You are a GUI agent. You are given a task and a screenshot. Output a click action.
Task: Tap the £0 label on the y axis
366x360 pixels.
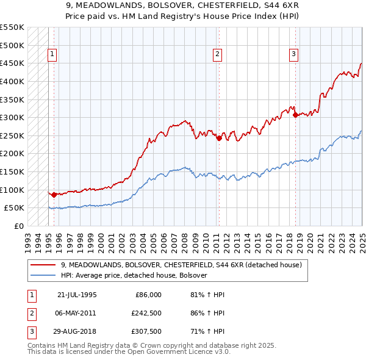[18, 226]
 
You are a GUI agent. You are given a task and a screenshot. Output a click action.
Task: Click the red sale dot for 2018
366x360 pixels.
[295, 114]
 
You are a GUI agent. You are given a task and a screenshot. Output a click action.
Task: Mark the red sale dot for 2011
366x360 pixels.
[218, 138]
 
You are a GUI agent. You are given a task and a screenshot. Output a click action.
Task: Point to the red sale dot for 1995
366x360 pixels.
[54, 195]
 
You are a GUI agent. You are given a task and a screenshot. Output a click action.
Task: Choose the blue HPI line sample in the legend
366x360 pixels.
[43, 275]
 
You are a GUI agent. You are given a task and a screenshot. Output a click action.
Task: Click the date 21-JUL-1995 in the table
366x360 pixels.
[77, 295]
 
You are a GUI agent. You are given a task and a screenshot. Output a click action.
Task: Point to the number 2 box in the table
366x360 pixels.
[31, 312]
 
